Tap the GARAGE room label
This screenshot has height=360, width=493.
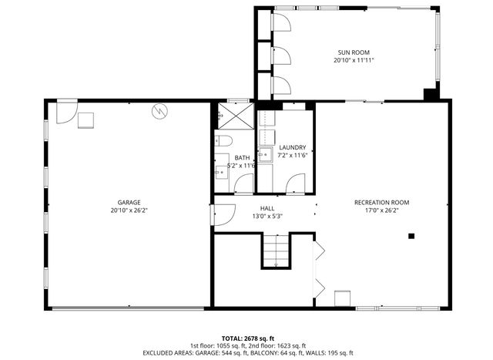click(129, 202)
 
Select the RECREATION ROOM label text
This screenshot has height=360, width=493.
click(381, 202)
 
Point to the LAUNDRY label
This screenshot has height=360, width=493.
click(293, 147)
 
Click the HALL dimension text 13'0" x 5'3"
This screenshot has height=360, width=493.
click(267, 216)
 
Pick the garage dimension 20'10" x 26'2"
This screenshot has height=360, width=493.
click(129, 210)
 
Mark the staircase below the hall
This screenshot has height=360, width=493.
click(276, 251)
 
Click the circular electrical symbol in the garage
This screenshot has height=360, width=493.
click(159, 111)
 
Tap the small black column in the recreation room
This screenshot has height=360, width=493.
click(411, 236)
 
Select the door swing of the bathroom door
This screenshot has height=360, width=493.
click(244, 183)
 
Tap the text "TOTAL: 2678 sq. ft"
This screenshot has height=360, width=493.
click(246, 338)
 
